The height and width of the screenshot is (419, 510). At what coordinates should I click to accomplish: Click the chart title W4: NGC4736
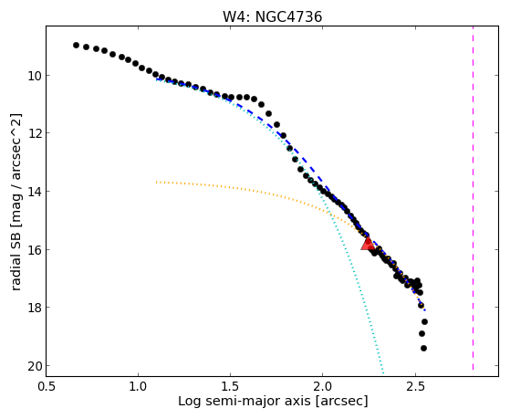click(272, 17)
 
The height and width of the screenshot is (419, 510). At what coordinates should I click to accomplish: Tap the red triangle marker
click(368, 244)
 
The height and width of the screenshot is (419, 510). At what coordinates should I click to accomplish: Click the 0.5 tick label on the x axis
click(47, 386)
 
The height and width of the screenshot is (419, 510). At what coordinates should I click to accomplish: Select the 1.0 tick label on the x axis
click(139, 386)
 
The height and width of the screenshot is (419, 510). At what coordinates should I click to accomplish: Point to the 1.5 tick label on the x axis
click(230, 386)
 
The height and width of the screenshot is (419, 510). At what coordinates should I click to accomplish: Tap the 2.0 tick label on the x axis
click(322, 386)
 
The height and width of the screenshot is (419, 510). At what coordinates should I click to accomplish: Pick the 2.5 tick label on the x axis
click(415, 386)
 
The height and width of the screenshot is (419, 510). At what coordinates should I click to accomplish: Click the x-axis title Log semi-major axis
click(244, 401)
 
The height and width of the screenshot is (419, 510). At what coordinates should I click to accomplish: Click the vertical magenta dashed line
click(473, 198)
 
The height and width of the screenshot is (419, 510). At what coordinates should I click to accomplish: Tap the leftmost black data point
click(76, 46)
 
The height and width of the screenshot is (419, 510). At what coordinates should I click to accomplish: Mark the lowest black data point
click(423, 349)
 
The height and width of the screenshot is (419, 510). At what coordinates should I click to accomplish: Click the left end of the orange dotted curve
click(156, 182)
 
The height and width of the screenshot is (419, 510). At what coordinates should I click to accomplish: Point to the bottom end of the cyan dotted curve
click(383, 372)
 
